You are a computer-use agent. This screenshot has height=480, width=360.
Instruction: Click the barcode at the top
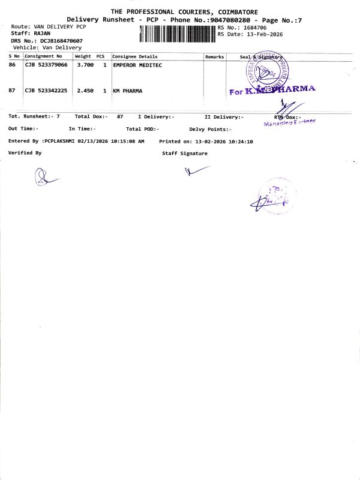pos(177,34)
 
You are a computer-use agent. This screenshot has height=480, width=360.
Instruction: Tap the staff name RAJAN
pos(41,34)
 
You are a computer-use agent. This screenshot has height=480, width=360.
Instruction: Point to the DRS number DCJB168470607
pos(61,40)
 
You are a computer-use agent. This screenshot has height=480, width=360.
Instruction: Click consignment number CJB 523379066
pos(46,64)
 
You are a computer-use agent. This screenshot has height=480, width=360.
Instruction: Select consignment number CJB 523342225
pos(46,91)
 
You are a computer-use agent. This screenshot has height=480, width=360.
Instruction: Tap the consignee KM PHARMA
pos(128,91)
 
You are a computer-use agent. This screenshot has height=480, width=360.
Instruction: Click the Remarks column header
pos(214,56)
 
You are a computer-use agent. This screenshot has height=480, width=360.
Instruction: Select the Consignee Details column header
pos(135,56)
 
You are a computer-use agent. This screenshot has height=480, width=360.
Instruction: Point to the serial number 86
pos(12,64)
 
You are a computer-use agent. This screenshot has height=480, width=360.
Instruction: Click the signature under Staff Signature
pos(196,170)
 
